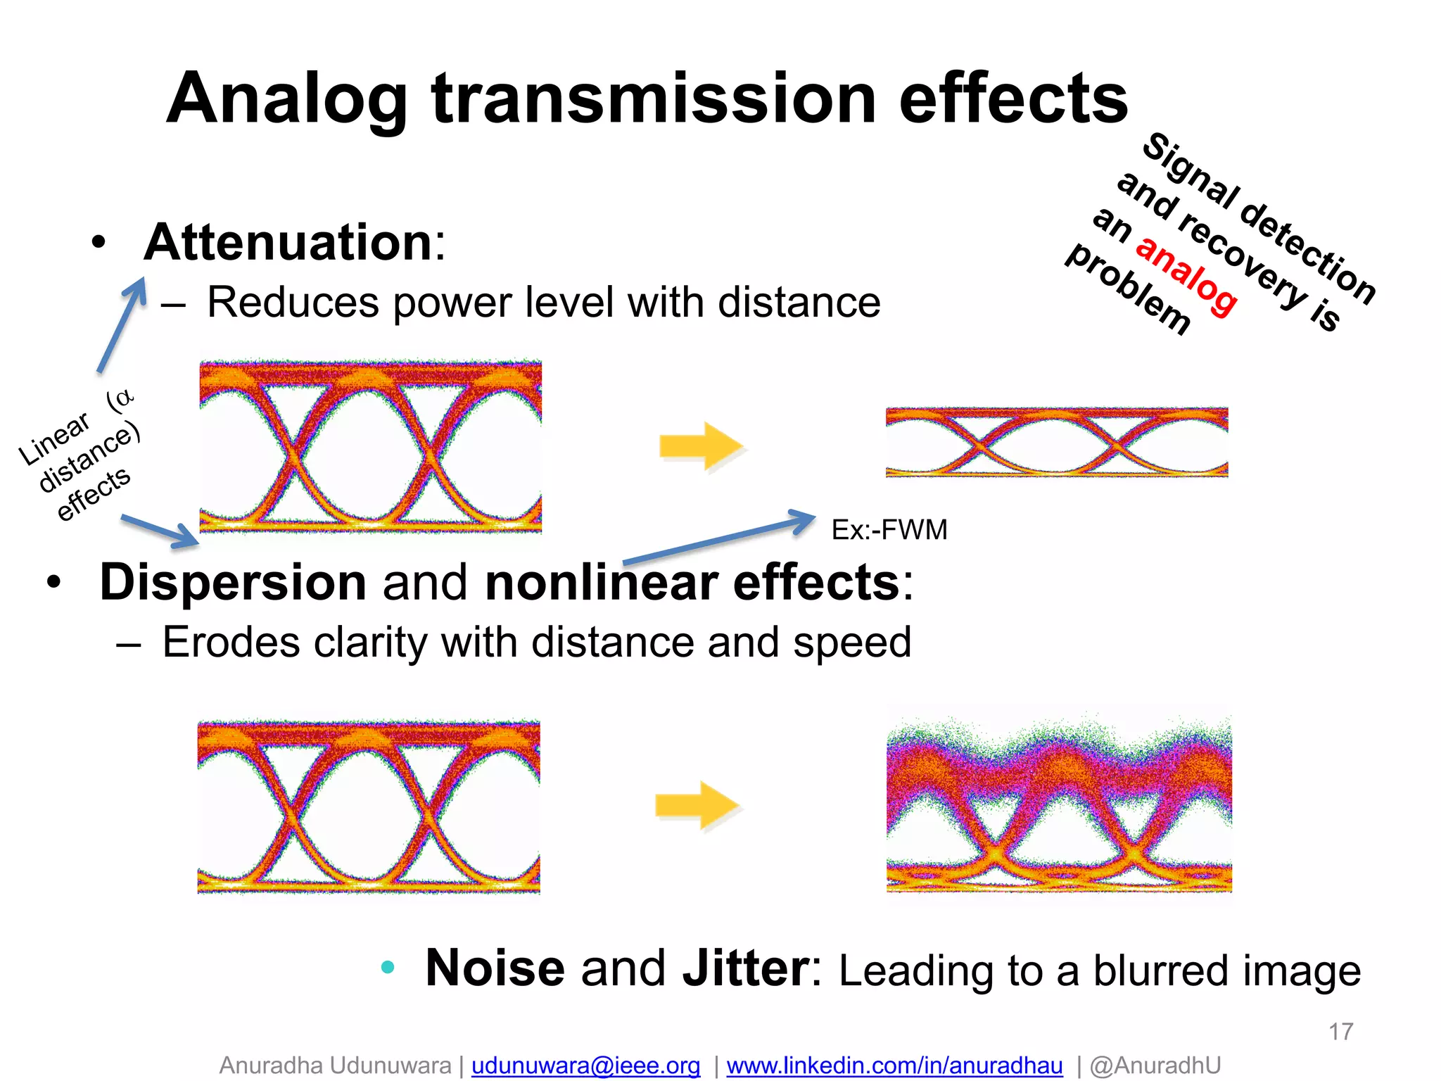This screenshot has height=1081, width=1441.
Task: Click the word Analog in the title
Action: (x=287, y=100)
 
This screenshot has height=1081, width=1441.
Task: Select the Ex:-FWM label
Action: (x=889, y=529)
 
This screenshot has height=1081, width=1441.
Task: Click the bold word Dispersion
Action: (x=233, y=582)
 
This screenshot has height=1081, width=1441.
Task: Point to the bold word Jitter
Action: (x=746, y=968)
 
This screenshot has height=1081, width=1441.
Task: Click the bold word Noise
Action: (x=495, y=968)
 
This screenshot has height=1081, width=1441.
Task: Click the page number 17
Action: (x=1340, y=1032)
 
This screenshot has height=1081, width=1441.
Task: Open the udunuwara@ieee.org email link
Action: (x=585, y=1066)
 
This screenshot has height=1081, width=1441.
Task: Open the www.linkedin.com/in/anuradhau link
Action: (x=894, y=1066)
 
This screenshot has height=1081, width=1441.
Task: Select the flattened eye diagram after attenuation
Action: (x=1056, y=442)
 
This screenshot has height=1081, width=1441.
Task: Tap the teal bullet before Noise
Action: (x=388, y=967)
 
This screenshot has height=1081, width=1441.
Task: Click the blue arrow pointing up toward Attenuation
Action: (x=122, y=324)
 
